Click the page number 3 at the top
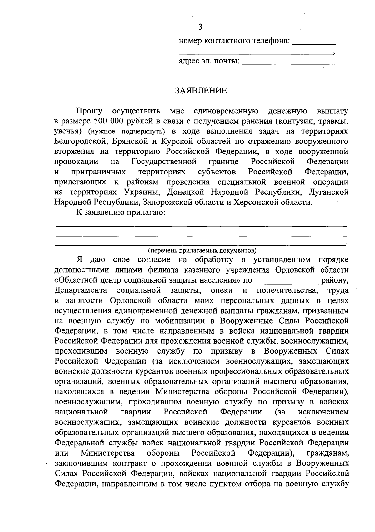200,27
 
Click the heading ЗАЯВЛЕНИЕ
200,91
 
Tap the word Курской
176,141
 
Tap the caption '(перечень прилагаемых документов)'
202,250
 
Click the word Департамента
81,290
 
